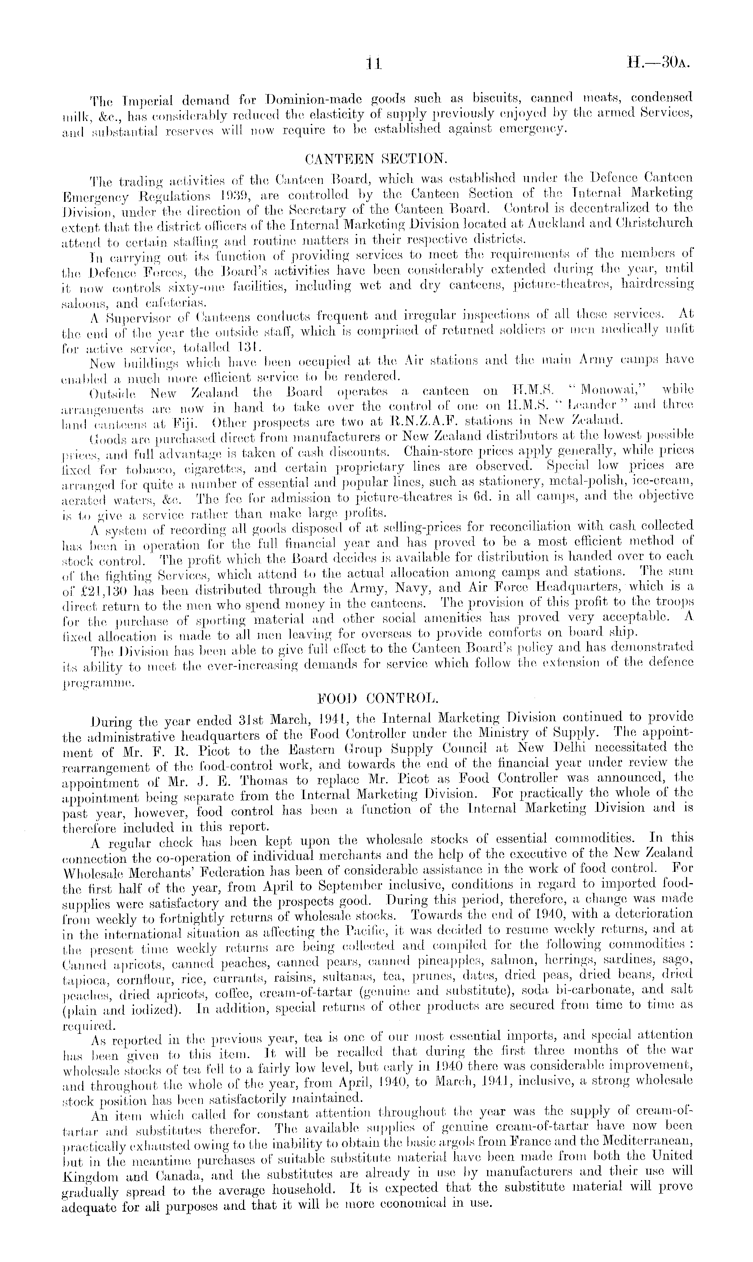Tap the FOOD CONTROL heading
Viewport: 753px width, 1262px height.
tap(376, 698)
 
